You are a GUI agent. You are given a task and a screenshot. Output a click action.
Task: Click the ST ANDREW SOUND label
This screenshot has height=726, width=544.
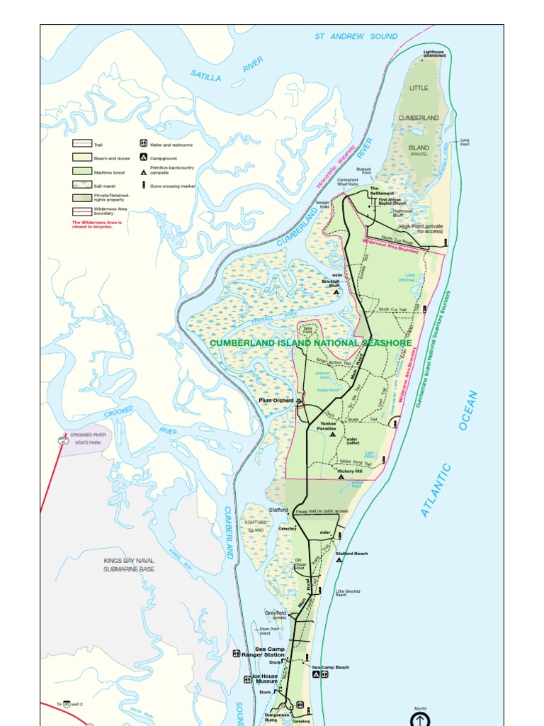point(356,36)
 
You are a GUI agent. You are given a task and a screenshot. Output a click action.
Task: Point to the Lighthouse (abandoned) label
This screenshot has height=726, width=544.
point(435,53)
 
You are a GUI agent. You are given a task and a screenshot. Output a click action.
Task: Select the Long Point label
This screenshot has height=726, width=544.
point(465,142)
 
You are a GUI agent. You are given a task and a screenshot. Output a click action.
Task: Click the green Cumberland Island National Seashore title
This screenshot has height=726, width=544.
point(310,343)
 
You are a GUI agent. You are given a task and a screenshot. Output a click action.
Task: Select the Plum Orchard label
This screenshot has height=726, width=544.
point(276,401)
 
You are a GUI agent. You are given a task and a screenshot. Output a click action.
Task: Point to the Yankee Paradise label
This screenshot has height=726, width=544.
point(327,426)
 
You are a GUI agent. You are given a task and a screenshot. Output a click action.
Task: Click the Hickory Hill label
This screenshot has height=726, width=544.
point(349,471)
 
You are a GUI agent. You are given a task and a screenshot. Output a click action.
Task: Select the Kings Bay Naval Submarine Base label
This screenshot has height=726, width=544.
point(129,564)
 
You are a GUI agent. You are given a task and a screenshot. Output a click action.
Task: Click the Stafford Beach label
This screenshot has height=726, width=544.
point(351,553)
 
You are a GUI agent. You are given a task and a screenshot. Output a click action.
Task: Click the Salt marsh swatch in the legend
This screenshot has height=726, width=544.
point(82,184)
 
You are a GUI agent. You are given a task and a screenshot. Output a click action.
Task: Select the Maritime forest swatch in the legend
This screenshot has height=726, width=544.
point(82,172)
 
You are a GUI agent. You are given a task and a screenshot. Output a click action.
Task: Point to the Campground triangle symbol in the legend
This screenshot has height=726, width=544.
point(143,158)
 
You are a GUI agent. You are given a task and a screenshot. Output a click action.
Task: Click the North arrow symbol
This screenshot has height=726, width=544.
point(421,717)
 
